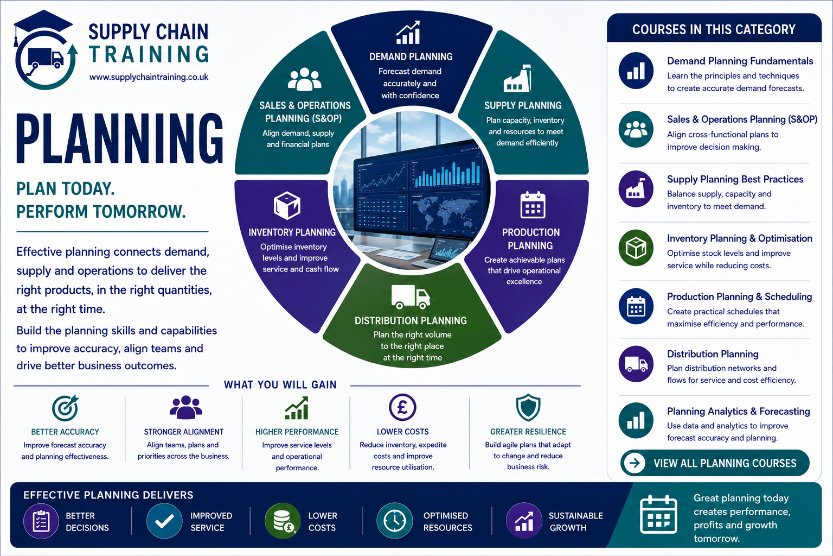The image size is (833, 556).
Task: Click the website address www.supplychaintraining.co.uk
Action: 149,77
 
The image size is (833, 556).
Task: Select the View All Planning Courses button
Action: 715,463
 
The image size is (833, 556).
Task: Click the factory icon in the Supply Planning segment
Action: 517,78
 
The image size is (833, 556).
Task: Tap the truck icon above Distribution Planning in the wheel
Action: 411,297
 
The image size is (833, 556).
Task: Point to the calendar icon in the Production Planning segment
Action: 533,205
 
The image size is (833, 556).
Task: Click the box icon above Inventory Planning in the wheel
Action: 287,205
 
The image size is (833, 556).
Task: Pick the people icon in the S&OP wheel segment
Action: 305,79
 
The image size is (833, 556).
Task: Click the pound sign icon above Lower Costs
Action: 402,407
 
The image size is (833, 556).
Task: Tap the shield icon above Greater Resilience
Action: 528,407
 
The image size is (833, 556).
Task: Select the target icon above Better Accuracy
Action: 66,408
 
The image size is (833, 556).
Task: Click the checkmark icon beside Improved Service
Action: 164,521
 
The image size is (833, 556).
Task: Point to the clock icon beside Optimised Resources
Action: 395,521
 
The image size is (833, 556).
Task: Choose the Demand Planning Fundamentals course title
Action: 740,61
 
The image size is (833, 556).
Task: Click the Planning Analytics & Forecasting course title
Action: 738,411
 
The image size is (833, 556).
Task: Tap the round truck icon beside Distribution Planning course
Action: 636,364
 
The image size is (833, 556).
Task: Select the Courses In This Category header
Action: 714,29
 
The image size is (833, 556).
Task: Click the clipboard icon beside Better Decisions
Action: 41,521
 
